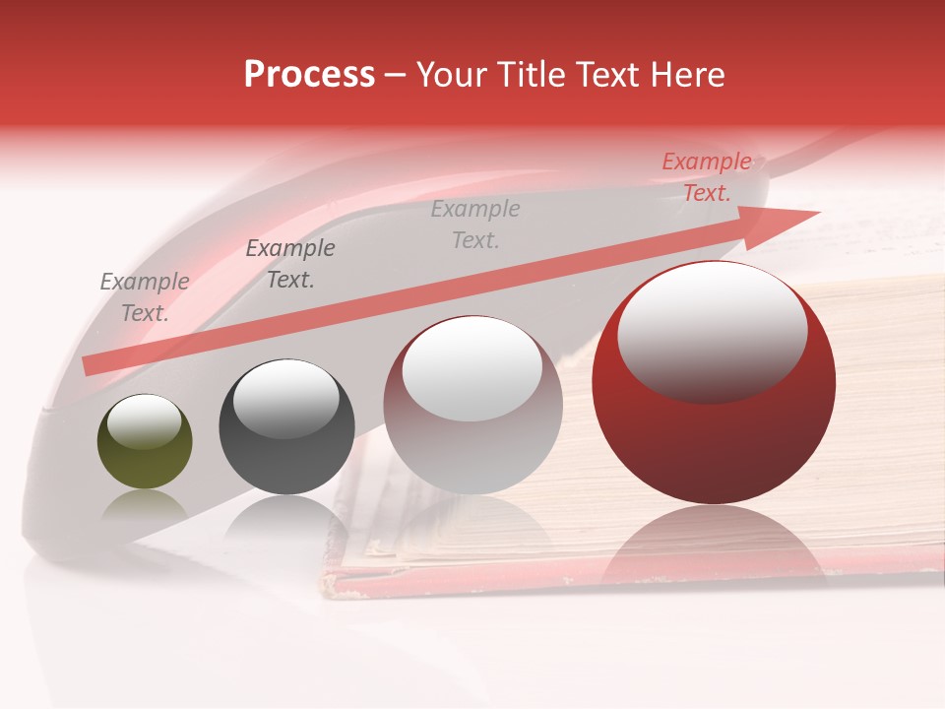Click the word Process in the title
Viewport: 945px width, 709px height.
pyautogui.click(x=309, y=75)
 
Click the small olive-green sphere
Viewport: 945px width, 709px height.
pyautogui.click(x=145, y=441)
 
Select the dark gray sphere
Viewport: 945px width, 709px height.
pyautogui.click(x=286, y=426)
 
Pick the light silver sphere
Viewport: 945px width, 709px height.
pyautogui.click(x=472, y=405)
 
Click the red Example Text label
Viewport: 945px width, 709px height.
pyautogui.click(x=706, y=177)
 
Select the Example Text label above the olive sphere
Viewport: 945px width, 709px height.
pyautogui.click(x=145, y=297)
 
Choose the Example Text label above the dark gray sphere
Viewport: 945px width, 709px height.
pyautogui.click(x=289, y=264)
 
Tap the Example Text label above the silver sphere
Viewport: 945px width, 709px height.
pyautogui.click(x=475, y=224)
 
